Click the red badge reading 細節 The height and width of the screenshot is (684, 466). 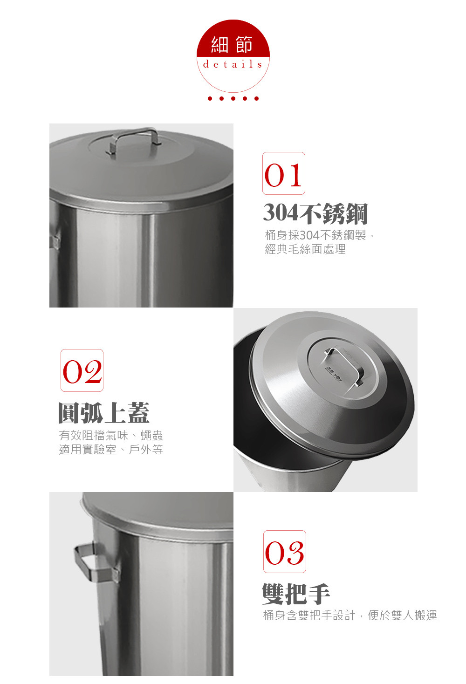point(233,56)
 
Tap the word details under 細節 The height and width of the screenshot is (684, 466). point(233,64)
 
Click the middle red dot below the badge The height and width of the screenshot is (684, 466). point(233,98)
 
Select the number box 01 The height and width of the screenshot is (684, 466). point(284,173)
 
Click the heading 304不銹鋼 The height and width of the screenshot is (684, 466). point(315,213)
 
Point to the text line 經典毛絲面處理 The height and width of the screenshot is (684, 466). point(305,249)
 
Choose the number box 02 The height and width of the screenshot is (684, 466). point(82,370)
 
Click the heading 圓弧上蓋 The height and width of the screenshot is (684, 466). point(104,412)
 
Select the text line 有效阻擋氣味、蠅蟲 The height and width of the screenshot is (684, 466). point(111,435)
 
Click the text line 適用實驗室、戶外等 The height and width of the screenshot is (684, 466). point(111,449)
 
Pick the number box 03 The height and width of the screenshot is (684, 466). point(285,552)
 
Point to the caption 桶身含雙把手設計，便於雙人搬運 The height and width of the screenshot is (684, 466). point(350,616)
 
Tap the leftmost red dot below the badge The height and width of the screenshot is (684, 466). point(210,98)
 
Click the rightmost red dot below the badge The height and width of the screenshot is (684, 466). point(256,98)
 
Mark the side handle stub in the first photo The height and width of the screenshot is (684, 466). point(55,239)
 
